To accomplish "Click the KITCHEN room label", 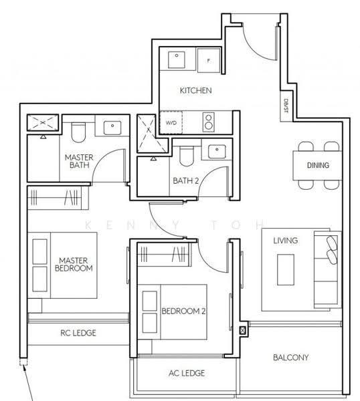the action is click(x=195, y=90).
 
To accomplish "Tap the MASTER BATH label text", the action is click(x=79, y=161).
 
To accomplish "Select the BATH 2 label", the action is click(x=185, y=181).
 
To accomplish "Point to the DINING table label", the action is click(x=318, y=165).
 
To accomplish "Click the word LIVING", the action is click(x=286, y=241).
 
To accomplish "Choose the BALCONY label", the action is click(x=290, y=358).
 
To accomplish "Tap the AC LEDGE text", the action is click(x=187, y=373).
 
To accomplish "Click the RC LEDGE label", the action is click(x=78, y=333).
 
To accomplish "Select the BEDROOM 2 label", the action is click(x=183, y=311).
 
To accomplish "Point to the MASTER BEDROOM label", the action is click(x=74, y=264).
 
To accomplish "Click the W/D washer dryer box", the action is click(x=171, y=122).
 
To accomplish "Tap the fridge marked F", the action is click(x=209, y=61).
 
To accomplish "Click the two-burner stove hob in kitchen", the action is click(x=209, y=122).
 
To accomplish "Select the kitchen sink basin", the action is click(x=177, y=60).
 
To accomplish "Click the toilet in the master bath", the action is click(x=78, y=132).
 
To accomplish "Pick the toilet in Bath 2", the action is click(x=187, y=156).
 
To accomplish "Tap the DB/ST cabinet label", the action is click(x=286, y=106).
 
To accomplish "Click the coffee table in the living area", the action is click(x=286, y=269).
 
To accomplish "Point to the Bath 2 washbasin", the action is click(x=217, y=152).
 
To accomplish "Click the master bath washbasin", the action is click(x=112, y=128).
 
